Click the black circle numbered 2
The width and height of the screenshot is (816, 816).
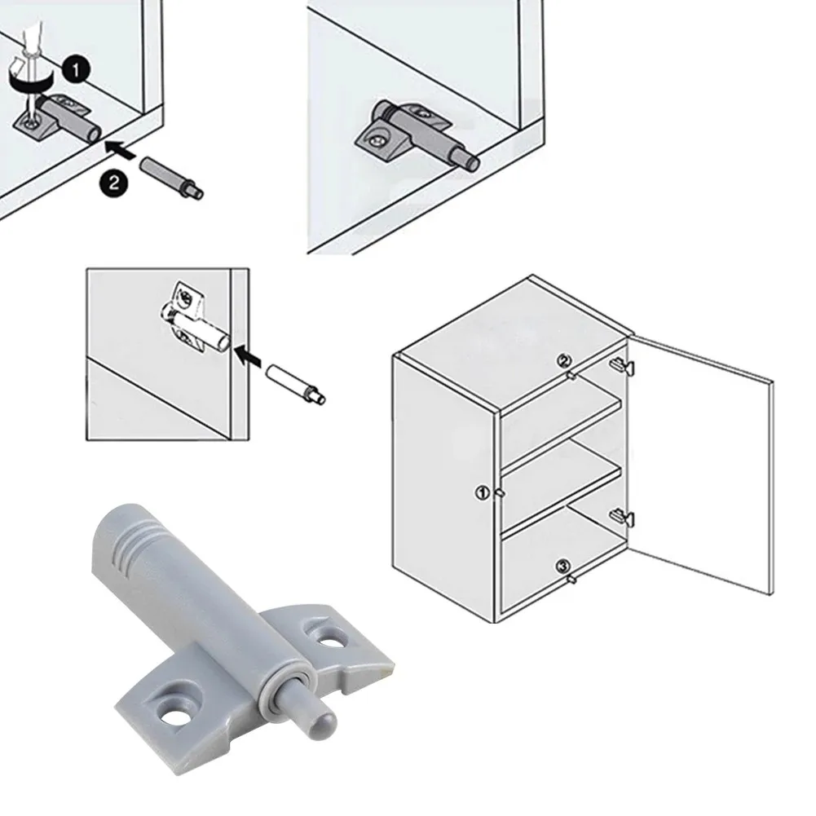tap(114, 183)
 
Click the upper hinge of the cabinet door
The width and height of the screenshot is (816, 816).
tap(623, 364)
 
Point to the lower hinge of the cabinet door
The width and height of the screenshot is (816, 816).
tap(623, 515)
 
